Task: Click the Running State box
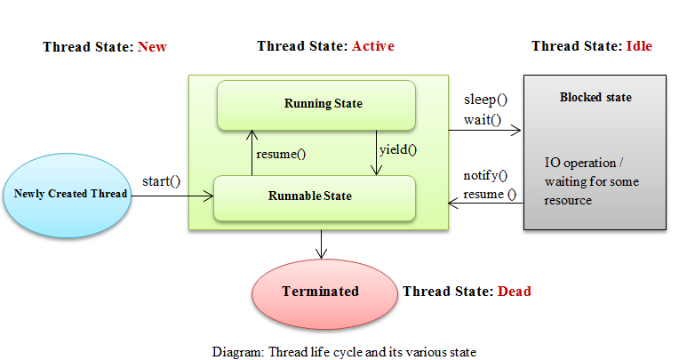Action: pos(316,103)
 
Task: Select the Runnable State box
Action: pos(316,197)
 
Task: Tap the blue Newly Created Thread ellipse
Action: pos(69,194)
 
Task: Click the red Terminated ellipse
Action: pos(320,292)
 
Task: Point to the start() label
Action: pos(162,182)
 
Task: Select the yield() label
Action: pos(398,149)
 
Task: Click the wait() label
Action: pos(482,119)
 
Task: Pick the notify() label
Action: pos(485,175)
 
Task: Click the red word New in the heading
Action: pos(152,46)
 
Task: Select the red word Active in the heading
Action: pos(373,46)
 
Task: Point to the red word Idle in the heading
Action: pos(639,46)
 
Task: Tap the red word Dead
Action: pos(515,291)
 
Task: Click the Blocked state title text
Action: pos(595,97)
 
